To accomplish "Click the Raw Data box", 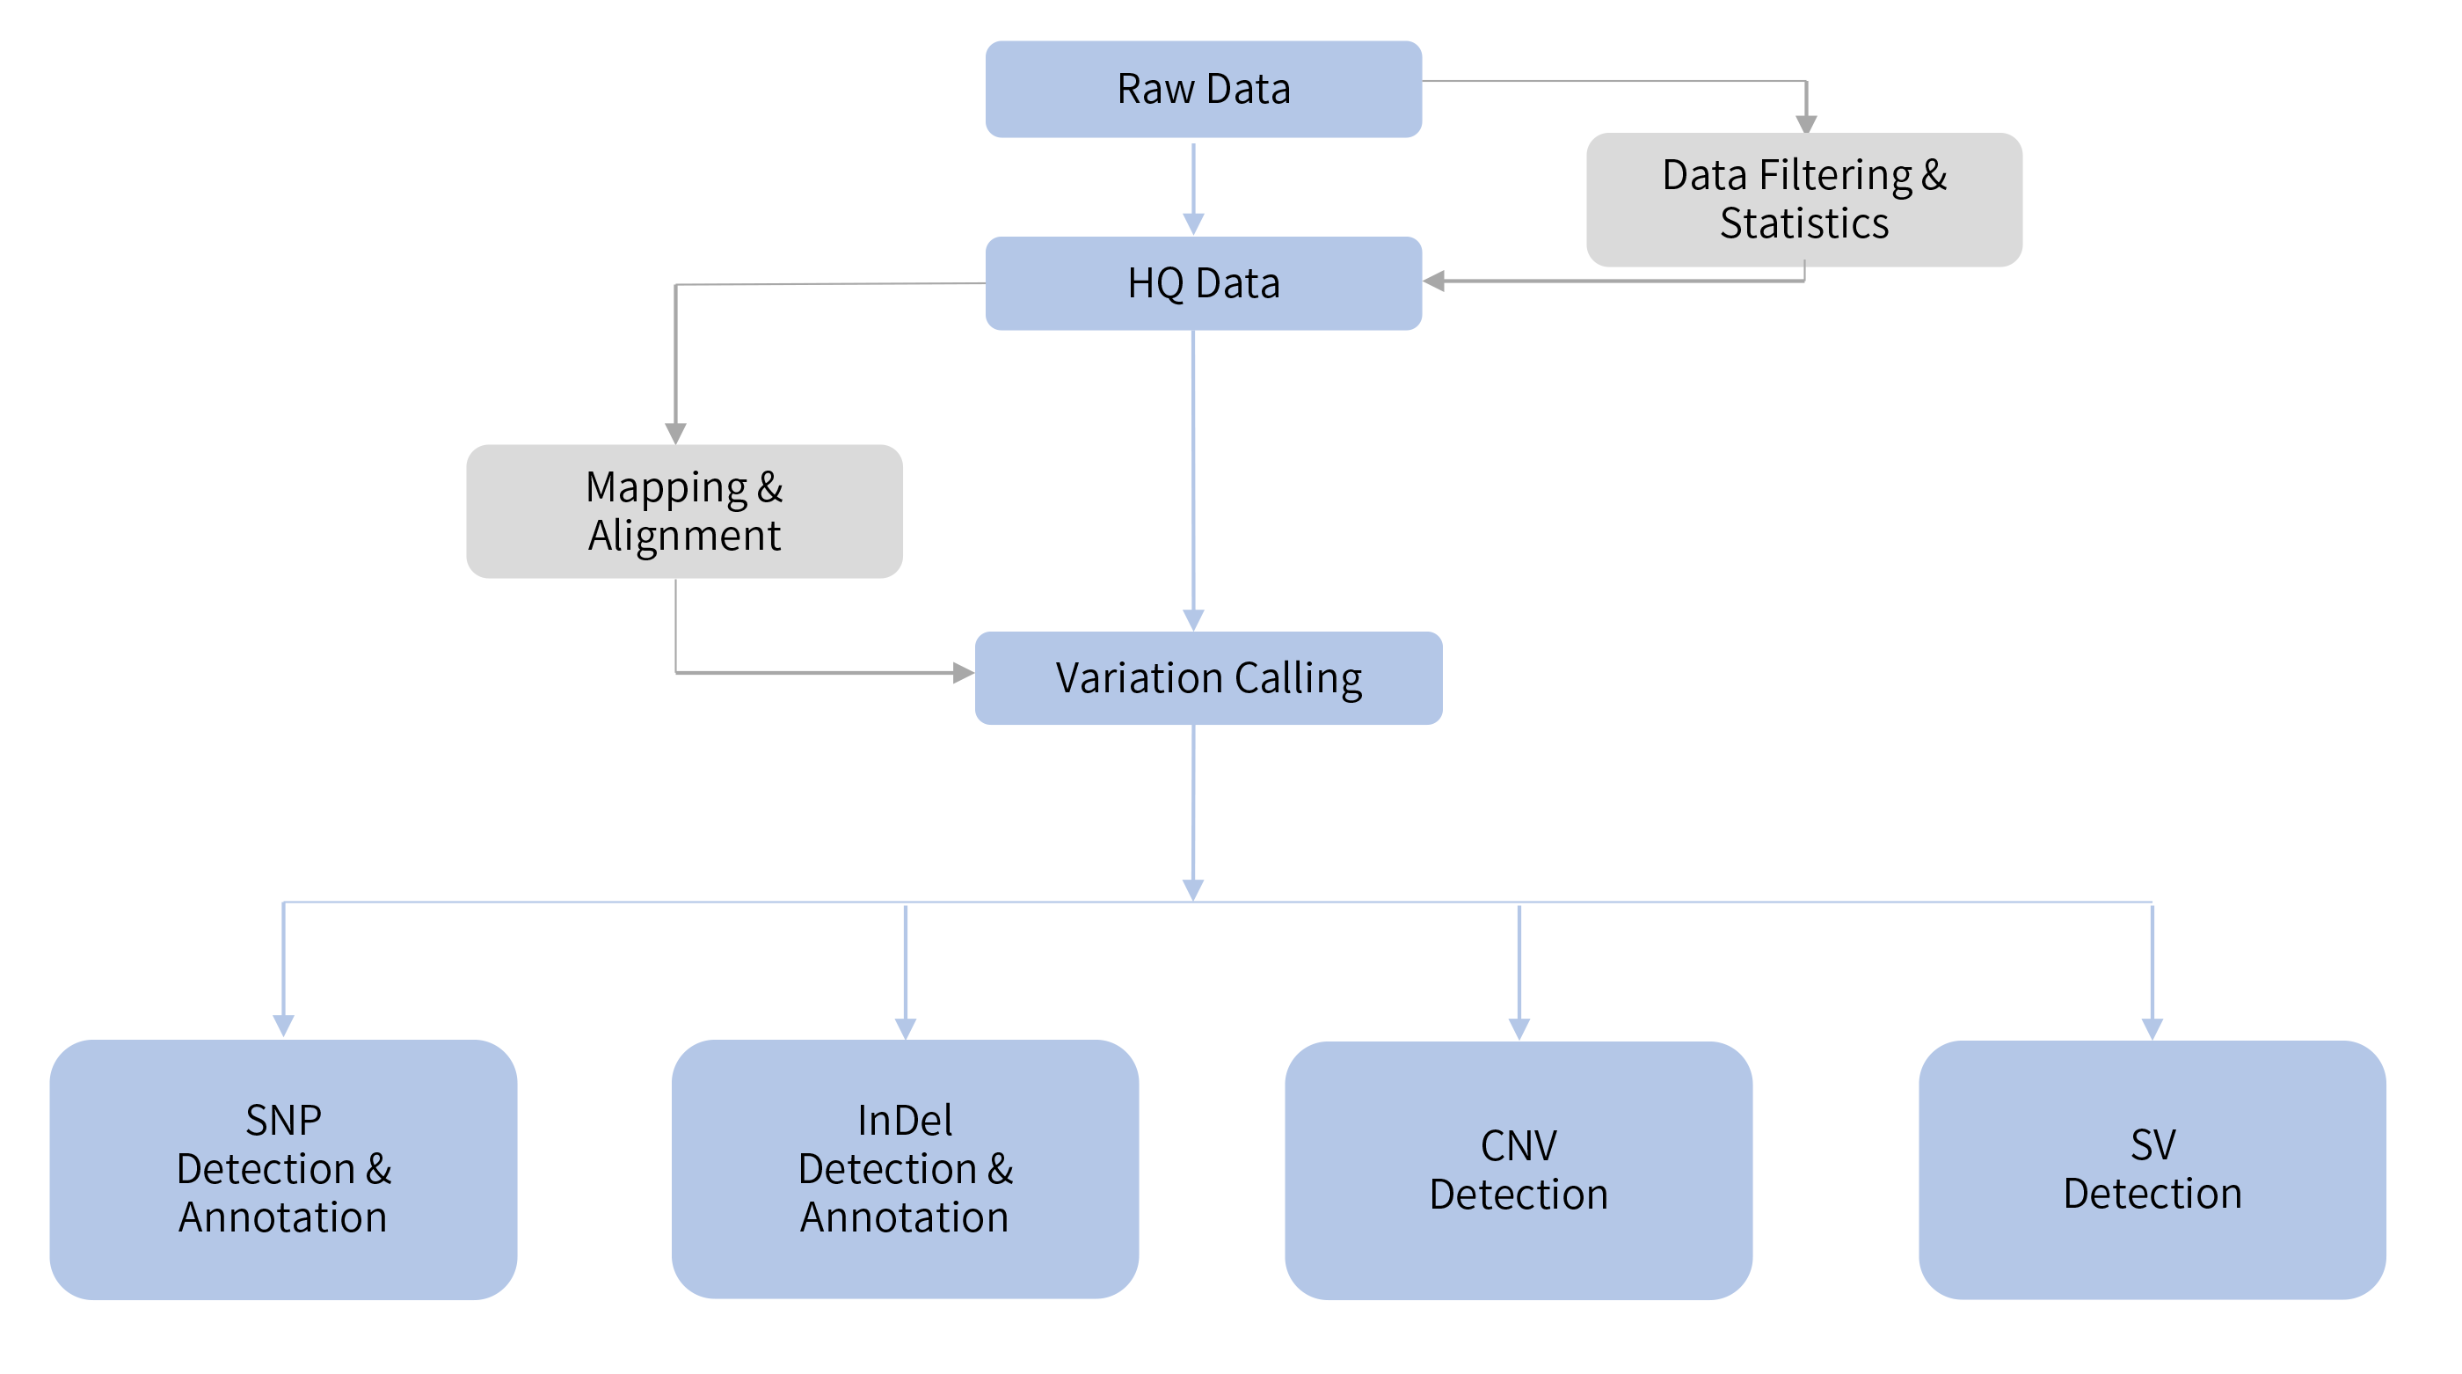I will pos(1202,89).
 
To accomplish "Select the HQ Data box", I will pos(1202,283).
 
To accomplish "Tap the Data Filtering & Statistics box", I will pos(1803,199).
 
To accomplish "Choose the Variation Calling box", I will pos(1208,678).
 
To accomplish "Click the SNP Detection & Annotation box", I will pos(283,1168).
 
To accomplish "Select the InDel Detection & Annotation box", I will pos(904,1168).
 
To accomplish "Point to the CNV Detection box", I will pos(1518,1169).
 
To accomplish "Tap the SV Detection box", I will pos(2152,1168).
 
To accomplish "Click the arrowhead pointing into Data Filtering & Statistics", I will pos(1805,124).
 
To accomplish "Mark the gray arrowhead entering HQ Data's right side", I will pos(1433,281).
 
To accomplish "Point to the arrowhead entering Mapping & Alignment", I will pos(675,433).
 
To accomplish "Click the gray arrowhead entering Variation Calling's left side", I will pos(963,673).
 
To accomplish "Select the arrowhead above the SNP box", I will pos(283,1026).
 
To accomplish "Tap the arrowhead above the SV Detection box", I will pos(2152,1028).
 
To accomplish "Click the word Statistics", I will pos(1803,223).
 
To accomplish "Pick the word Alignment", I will pos(684,536).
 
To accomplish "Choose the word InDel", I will pos(904,1120).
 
